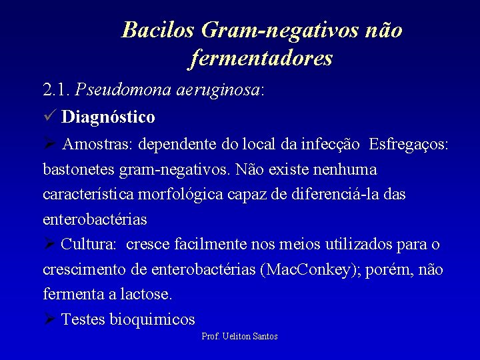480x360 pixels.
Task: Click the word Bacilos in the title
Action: coord(157,30)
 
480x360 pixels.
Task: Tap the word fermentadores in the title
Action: coord(261,59)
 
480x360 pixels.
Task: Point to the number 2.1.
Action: coord(57,89)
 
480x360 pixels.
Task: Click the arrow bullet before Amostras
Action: coord(49,144)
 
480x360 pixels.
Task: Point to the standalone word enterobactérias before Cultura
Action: coord(95,219)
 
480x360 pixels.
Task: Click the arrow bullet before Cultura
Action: coord(49,244)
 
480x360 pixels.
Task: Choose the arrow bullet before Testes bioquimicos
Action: coord(49,319)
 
